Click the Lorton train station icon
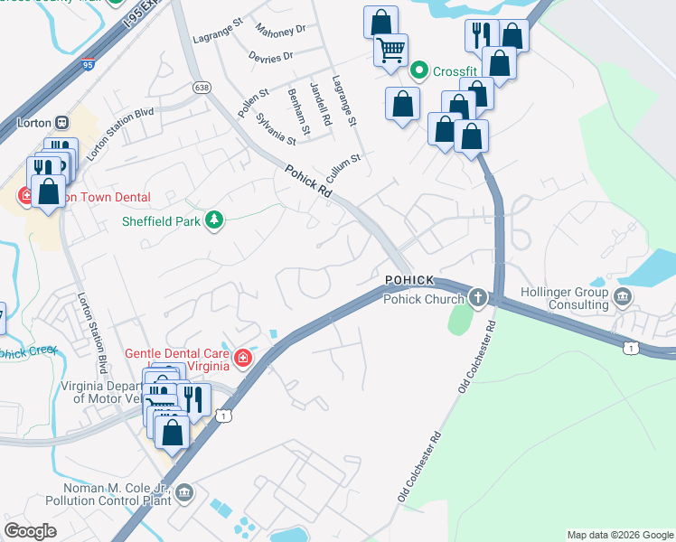pos(62,122)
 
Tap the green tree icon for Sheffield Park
pos(214,220)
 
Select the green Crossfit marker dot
pos(419,70)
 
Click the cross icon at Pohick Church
pos(477,297)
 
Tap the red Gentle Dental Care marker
pos(242,360)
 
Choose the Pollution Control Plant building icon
pos(184,492)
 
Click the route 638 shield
pos(202,87)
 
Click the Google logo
pos(30,531)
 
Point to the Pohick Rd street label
pos(308,182)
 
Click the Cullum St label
pos(344,165)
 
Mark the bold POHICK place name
pos(409,280)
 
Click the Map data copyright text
pos(620,535)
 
